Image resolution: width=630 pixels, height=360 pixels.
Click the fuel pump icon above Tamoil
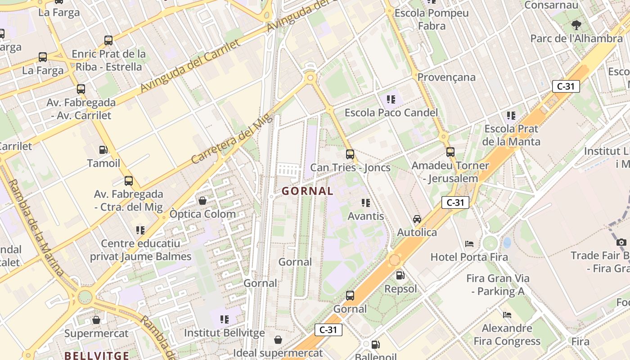pos(103,149)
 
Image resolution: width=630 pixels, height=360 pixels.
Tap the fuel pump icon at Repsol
pos(400,275)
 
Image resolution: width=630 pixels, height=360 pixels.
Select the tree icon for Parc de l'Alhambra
pos(576,25)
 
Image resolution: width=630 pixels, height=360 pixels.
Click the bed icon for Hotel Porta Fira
pos(469,244)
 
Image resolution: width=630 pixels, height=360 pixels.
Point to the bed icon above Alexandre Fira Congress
pos(507,315)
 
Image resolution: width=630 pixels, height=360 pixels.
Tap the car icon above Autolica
pos(417,219)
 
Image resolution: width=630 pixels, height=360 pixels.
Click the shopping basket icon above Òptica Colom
pos(202,200)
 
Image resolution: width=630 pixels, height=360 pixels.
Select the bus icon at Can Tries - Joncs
pos(350,154)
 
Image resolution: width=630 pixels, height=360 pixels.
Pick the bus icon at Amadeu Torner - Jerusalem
pos(450,152)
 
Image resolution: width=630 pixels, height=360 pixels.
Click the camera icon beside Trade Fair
pos(621,243)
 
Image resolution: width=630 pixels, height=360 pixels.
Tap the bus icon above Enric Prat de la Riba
pos(108,40)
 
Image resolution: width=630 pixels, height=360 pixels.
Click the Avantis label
pos(366,216)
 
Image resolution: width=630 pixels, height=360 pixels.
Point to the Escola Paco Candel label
pos(391,112)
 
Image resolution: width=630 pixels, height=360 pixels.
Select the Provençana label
pos(446,77)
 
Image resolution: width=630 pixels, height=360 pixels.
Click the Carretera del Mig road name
pos(232,139)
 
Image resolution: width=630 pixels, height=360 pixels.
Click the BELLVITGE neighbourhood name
pos(97,355)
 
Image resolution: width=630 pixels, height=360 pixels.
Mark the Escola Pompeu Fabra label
pos(432,19)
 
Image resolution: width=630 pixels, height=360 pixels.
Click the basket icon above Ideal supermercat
pos(278,339)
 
